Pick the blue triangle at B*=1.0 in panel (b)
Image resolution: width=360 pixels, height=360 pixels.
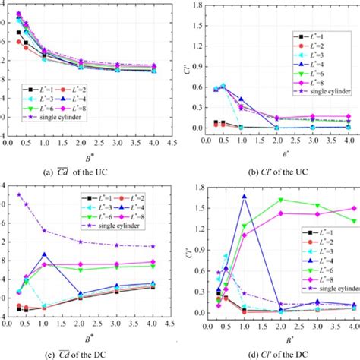pyautogui.click(x=242, y=99)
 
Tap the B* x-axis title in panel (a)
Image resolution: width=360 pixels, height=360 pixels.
pyautogui.click(x=90, y=152)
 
